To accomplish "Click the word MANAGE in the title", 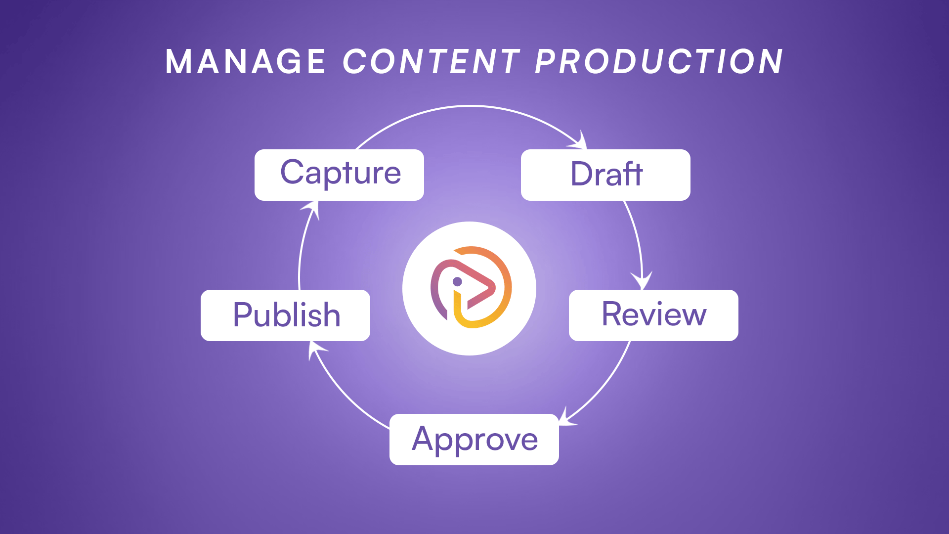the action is (245, 62).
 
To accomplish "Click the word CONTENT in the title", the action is (431, 62).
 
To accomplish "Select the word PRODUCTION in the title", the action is (659, 62).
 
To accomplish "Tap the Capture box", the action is (339, 175).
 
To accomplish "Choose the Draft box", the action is (605, 175).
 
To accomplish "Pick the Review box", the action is (653, 315).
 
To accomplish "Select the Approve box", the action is (474, 440).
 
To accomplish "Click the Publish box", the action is (285, 315).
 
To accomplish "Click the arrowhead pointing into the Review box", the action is (642, 280).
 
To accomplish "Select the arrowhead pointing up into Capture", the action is (311, 209).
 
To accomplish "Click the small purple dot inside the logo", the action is (457, 282).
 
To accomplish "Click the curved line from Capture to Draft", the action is (471, 106).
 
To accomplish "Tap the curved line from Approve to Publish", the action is (344, 394).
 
